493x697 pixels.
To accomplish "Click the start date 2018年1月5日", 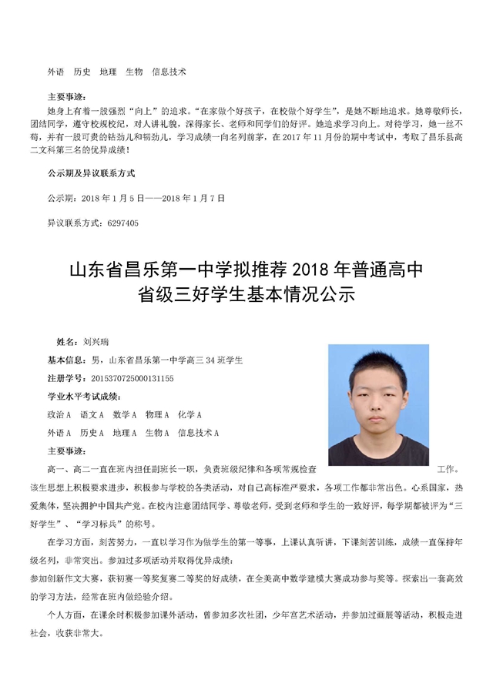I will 112,198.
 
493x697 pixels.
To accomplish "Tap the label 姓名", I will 67,340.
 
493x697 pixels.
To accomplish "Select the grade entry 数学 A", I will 124,415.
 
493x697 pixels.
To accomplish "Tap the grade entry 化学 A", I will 189,415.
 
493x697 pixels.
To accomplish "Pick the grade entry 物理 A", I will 156,415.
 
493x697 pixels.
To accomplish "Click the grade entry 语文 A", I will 92,415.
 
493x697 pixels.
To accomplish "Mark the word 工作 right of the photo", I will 447,468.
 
